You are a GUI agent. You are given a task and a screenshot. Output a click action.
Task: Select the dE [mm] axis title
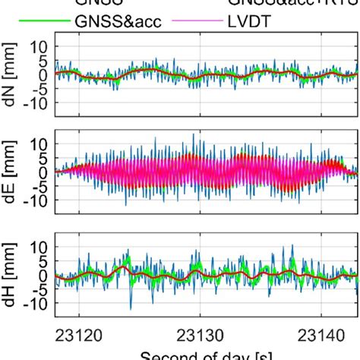pos(11,172)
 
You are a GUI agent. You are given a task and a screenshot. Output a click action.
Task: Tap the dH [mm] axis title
pos(11,274)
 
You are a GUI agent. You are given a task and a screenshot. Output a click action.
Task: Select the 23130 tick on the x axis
pos(200,332)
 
